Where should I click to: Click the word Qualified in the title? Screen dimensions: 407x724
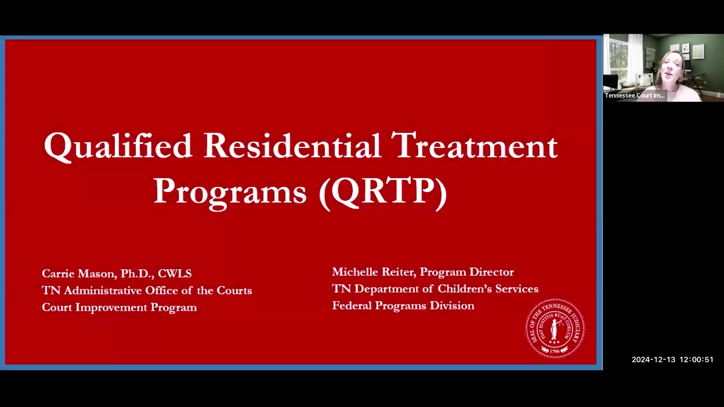[x=118, y=146]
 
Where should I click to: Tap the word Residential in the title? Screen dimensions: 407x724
[x=291, y=145]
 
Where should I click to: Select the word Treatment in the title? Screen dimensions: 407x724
[x=474, y=145]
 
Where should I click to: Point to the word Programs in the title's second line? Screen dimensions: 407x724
[x=230, y=191]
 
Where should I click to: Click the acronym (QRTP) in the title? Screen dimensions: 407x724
[x=383, y=191]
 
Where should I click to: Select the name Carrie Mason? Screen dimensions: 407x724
[x=78, y=273]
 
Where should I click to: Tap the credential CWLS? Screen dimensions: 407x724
[x=175, y=273]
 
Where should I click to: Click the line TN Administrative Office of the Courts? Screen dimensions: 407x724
[x=147, y=290]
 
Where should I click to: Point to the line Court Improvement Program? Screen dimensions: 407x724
[x=119, y=307]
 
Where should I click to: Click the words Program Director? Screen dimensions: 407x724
[x=466, y=272]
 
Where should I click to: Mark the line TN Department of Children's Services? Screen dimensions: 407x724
[x=435, y=289]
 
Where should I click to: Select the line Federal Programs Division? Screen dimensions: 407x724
[x=403, y=305]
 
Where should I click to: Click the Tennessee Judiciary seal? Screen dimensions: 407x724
[x=555, y=328]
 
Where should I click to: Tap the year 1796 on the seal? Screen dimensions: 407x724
[x=554, y=351]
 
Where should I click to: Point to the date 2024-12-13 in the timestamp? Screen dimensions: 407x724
[x=653, y=360]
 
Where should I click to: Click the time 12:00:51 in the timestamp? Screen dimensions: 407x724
[x=696, y=360]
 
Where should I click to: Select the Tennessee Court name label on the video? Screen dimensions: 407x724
[x=635, y=95]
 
